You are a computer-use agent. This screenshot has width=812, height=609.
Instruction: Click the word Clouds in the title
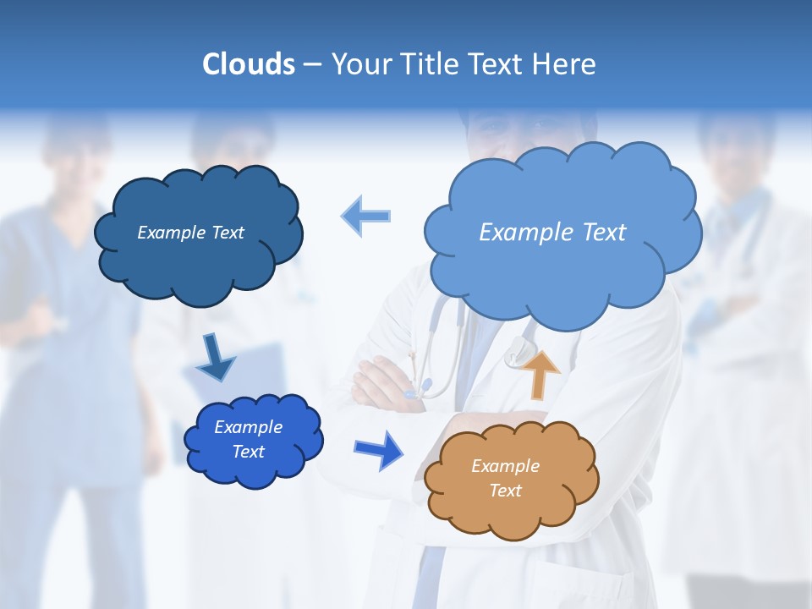[x=248, y=64]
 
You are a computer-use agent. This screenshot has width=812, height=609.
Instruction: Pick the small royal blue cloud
[x=253, y=439]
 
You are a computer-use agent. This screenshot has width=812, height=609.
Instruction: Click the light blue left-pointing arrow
[x=365, y=217]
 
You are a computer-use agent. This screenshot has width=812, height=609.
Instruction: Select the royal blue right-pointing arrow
[x=379, y=449]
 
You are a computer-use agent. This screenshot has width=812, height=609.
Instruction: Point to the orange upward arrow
[x=540, y=373]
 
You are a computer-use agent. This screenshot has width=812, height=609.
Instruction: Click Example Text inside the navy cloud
[x=190, y=233]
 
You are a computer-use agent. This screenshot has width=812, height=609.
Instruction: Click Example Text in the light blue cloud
[x=552, y=233]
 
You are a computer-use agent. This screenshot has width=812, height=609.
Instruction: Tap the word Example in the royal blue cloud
[x=248, y=427]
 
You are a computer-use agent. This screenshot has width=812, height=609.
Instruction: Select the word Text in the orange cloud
[x=506, y=491]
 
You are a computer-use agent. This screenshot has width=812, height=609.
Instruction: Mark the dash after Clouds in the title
[x=311, y=64]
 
